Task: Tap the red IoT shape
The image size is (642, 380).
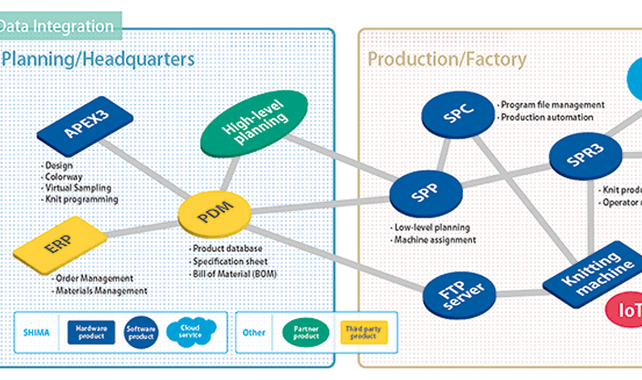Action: (628, 308)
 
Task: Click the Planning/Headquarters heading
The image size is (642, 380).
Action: (99, 60)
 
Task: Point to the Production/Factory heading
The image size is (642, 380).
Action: (447, 60)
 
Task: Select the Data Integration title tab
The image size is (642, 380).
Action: (57, 26)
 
